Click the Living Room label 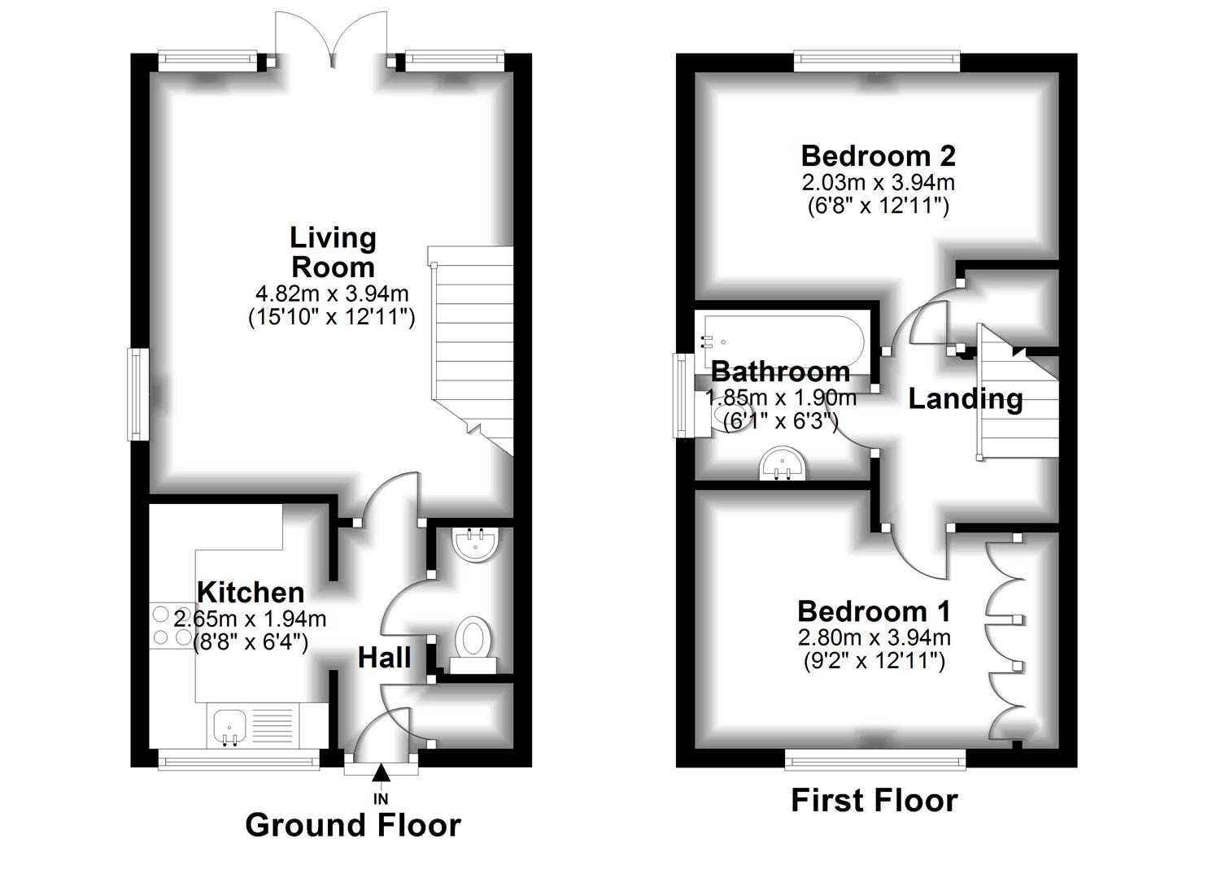coord(333,252)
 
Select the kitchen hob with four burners coord(172,626)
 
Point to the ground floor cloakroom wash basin coord(475,544)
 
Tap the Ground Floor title coord(352,825)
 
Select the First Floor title coord(874,801)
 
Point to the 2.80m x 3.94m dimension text coord(874,637)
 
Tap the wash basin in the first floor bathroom coord(783,465)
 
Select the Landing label coord(965,398)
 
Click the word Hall coord(384,658)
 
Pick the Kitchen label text coord(251,591)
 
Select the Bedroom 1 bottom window coord(875,762)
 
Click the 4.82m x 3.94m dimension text coord(332,293)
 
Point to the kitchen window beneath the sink coord(238,761)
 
